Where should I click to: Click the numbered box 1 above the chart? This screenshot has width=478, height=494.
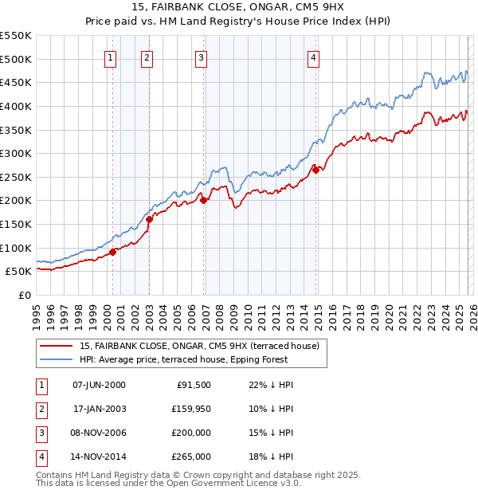[x=109, y=57]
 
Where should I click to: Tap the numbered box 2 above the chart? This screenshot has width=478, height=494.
[x=147, y=57]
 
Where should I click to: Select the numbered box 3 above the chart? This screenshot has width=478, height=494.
[x=201, y=57]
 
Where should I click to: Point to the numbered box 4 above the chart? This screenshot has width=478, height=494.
[x=315, y=57]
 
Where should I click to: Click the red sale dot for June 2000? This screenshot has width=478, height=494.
[x=113, y=252]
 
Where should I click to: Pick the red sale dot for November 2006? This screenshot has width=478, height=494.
[x=203, y=201]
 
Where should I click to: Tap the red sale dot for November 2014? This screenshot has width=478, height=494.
[x=316, y=170]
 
